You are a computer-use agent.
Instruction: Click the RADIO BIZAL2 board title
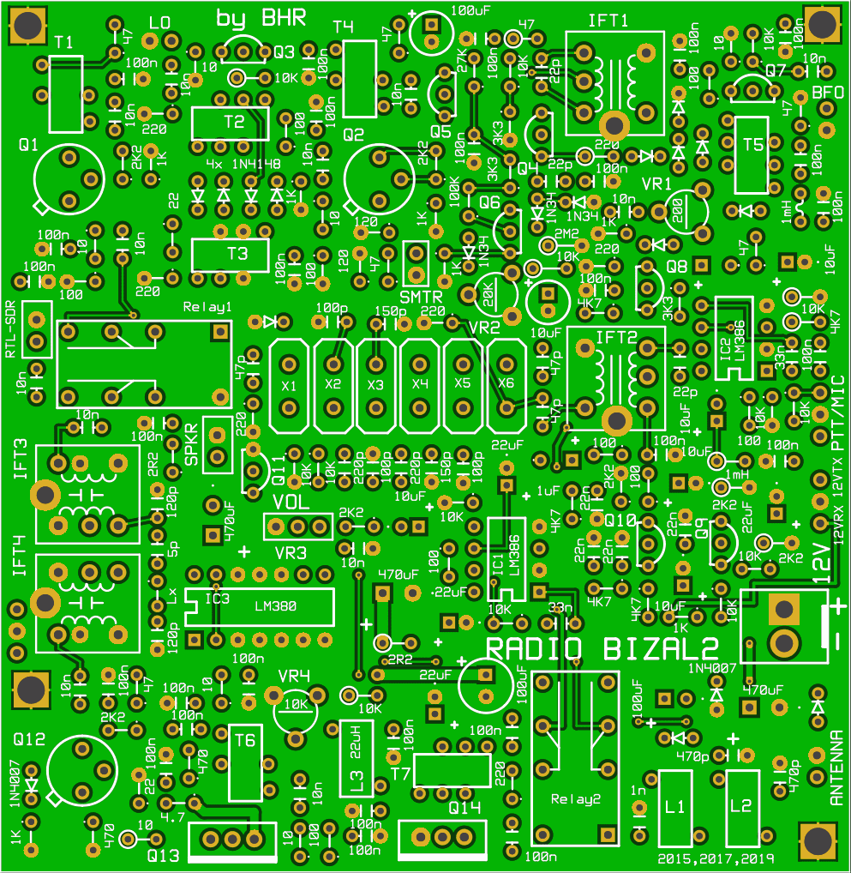(x=602, y=648)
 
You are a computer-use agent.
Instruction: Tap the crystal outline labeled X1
(x=289, y=385)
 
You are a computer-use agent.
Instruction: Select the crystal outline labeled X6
(x=506, y=385)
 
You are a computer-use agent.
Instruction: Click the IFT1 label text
(x=608, y=20)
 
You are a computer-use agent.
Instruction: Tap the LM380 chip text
(x=275, y=606)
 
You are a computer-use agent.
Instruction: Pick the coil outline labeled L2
(x=741, y=807)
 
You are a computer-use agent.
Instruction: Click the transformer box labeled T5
(x=752, y=154)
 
